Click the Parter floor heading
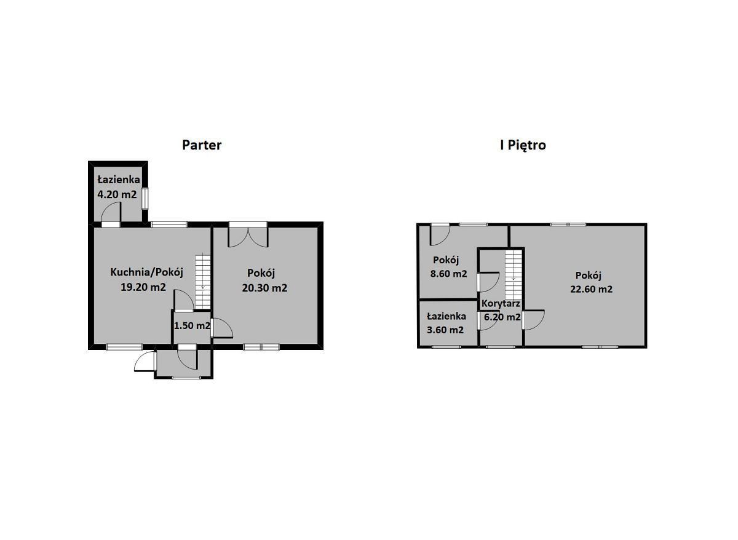click(202, 145)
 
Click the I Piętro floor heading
click(523, 145)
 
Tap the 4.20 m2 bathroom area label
click(117, 194)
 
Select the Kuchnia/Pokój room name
click(146, 272)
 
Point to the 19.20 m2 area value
click(143, 287)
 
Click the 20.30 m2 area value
click(264, 288)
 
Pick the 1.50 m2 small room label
click(192, 325)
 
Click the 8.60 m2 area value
click(449, 274)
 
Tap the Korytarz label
click(501, 304)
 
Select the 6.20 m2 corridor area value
click(502, 317)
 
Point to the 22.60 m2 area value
click(592, 289)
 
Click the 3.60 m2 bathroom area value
click(445, 330)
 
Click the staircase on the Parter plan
click(203, 282)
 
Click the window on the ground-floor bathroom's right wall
click(145, 198)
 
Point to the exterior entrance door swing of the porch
click(145, 362)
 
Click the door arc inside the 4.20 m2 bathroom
click(111, 212)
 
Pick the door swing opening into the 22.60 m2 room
click(533, 320)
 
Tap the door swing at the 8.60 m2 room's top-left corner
click(440, 234)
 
